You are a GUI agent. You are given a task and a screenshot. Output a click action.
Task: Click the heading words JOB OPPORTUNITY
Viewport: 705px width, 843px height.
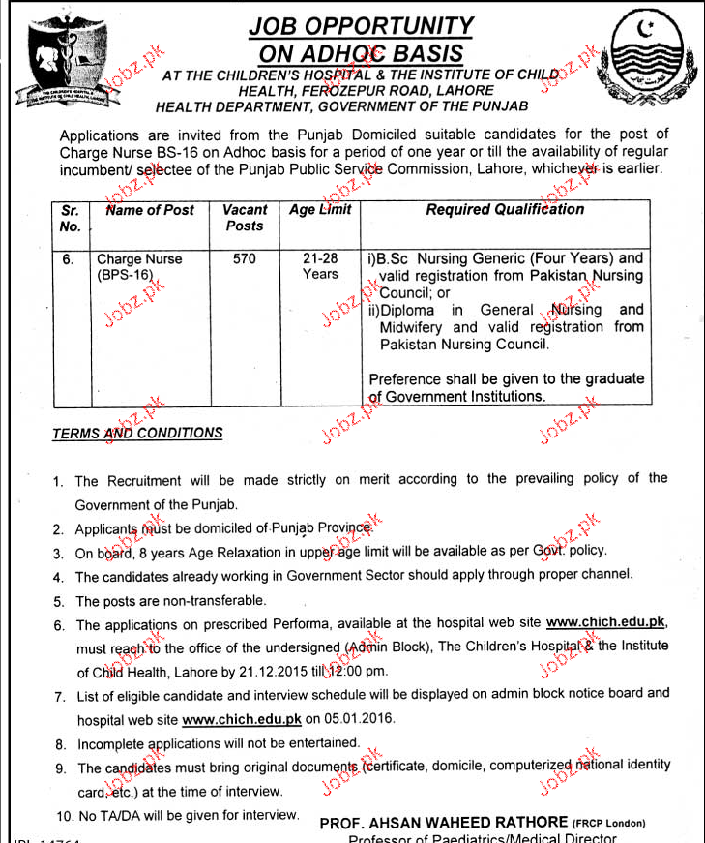pyautogui.click(x=361, y=26)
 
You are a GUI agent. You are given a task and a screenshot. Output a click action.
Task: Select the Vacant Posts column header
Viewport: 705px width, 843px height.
pyautogui.click(x=245, y=217)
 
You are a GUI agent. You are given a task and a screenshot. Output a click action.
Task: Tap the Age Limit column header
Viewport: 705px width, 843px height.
pyautogui.click(x=320, y=209)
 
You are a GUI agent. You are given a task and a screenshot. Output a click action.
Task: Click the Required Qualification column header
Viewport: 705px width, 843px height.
pyautogui.click(x=505, y=209)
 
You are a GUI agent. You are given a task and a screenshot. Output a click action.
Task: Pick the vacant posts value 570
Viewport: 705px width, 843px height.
pyautogui.click(x=245, y=259)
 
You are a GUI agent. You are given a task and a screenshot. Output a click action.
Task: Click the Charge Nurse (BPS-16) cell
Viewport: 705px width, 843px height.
pyautogui.click(x=138, y=267)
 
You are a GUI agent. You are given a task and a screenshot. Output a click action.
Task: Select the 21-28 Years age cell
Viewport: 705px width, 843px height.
pyautogui.click(x=320, y=266)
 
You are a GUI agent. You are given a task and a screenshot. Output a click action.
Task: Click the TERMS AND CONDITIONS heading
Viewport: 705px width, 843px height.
pyautogui.click(x=137, y=434)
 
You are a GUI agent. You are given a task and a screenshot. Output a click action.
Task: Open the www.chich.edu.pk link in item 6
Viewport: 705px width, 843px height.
pyautogui.click(x=605, y=622)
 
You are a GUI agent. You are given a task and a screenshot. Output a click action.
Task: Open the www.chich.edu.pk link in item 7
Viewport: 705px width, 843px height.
pyautogui.click(x=242, y=719)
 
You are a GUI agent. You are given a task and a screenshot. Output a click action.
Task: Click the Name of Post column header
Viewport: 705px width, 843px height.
pyautogui.click(x=150, y=209)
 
